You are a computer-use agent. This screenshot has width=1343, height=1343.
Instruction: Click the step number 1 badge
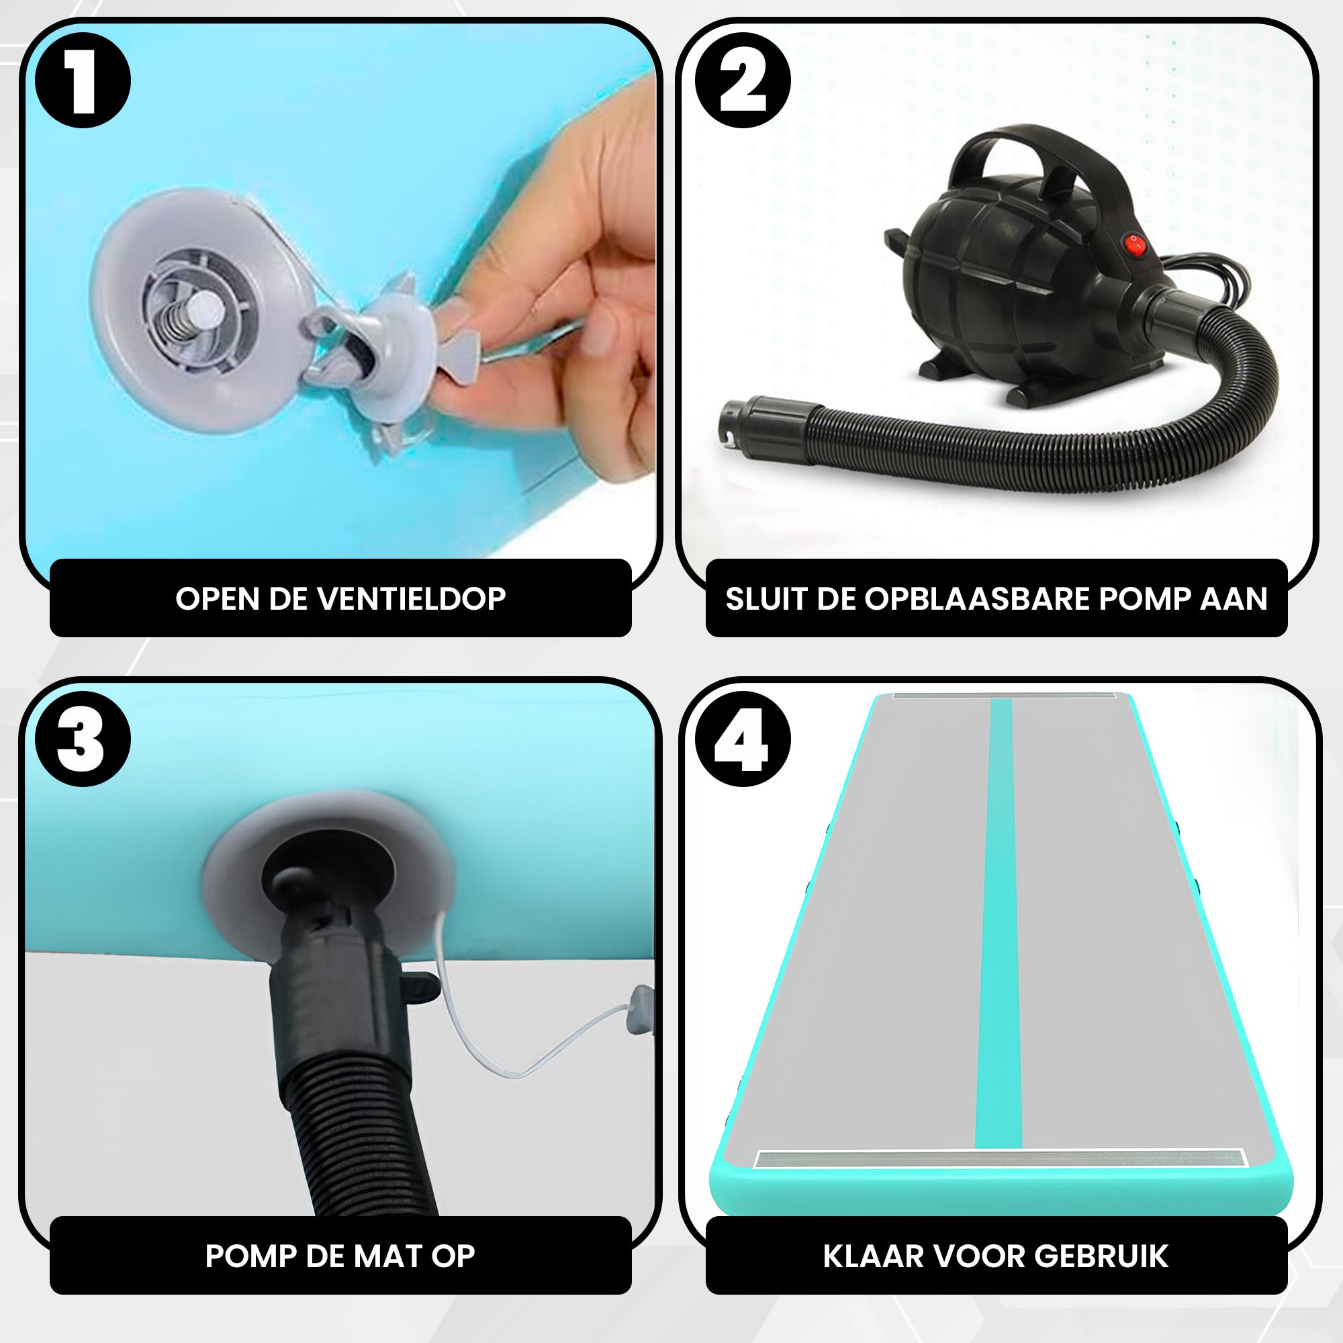(x=83, y=80)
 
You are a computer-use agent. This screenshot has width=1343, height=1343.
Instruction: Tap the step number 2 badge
(x=743, y=80)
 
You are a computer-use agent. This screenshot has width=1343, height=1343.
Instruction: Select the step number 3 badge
(x=83, y=739)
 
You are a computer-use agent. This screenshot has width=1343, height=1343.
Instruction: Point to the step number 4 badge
(x=743, y=739)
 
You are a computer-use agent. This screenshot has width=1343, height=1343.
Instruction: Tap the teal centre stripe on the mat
(x=1000, y=925)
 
